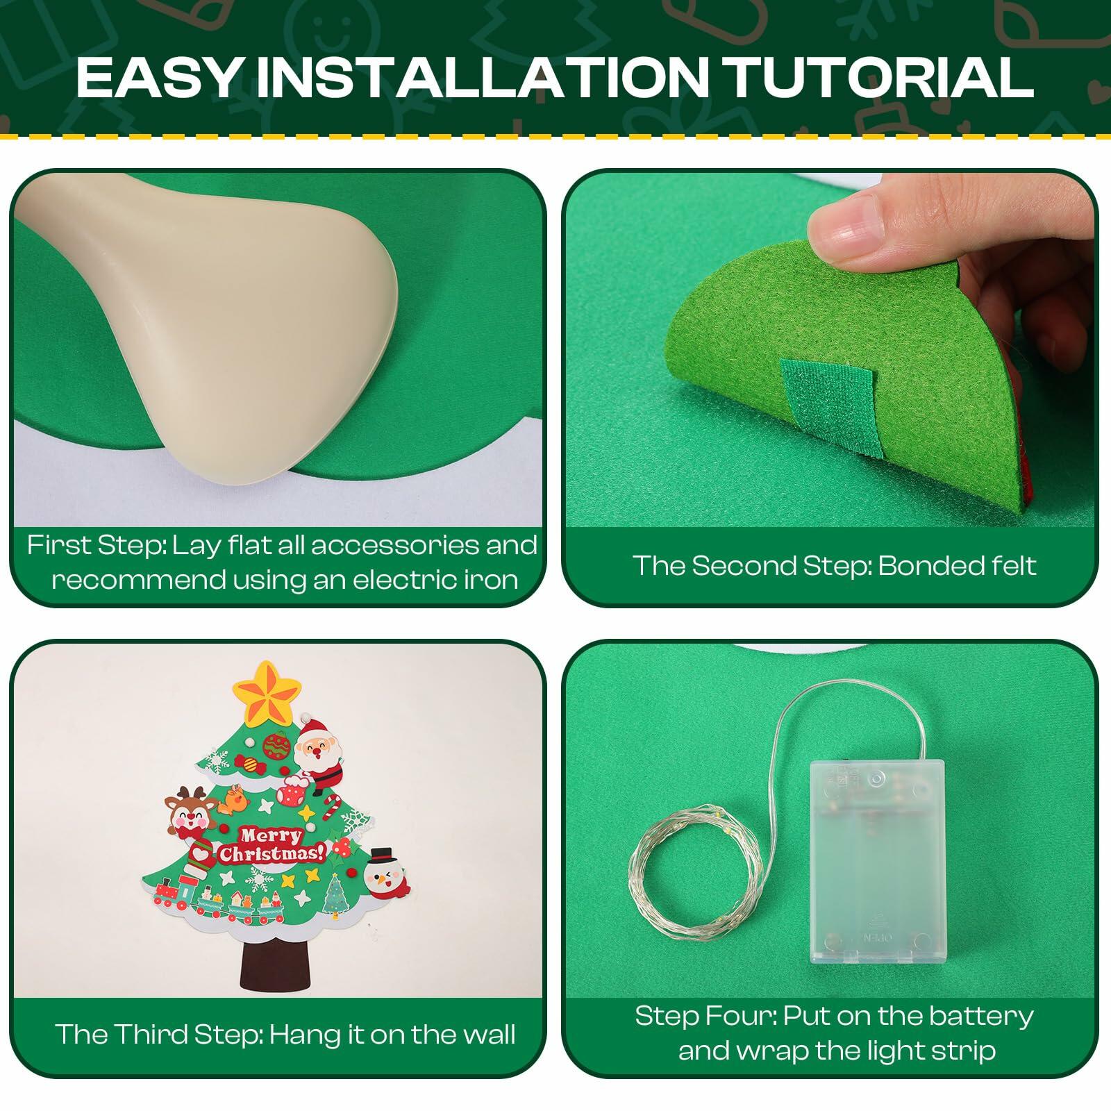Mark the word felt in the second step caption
click(x=1010, y=565)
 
